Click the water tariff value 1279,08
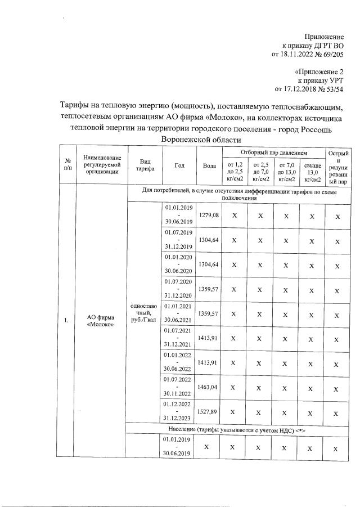click(209, 216)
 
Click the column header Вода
click(209, 165)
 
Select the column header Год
click(179, 165)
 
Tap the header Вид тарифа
click(145, 165)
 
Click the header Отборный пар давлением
click(274, 152)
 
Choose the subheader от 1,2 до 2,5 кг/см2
click(235, 171)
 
